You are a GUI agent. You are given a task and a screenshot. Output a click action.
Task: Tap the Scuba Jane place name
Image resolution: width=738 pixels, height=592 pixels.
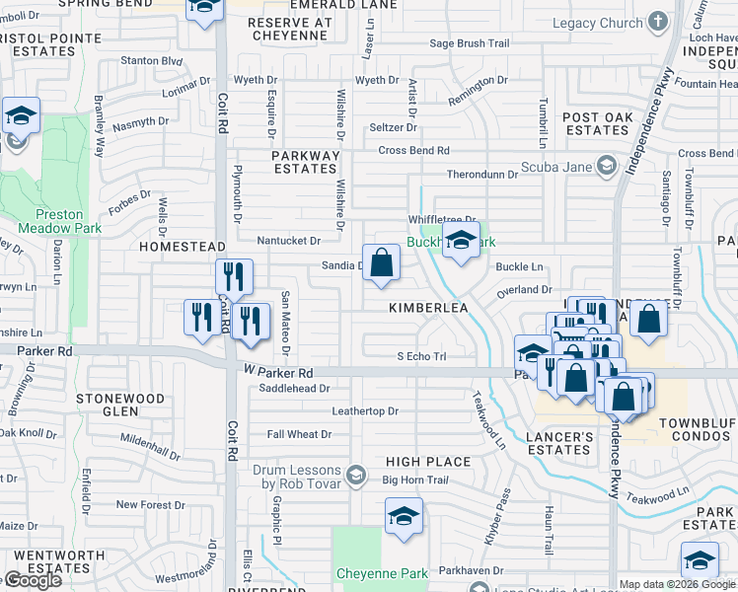555,166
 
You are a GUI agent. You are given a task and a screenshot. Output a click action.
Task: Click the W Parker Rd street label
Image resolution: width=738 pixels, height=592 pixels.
277,373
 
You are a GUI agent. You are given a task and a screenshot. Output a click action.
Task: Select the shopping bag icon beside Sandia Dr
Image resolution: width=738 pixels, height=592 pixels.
381,264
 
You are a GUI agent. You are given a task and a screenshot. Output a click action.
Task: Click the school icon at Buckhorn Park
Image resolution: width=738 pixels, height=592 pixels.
460,242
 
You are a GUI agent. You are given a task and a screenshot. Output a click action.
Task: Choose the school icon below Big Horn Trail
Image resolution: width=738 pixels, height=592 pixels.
405,517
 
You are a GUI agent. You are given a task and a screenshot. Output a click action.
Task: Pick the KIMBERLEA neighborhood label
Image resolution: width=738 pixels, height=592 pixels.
426,308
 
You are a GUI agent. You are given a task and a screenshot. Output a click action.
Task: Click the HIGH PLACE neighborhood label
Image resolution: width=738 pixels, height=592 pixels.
427,461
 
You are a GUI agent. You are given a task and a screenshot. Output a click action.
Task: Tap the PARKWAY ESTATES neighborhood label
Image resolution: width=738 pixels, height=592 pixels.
306,162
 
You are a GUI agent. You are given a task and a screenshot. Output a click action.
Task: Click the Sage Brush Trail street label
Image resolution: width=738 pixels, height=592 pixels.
469,43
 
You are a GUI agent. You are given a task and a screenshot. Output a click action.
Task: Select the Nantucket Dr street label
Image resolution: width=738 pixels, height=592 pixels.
288,241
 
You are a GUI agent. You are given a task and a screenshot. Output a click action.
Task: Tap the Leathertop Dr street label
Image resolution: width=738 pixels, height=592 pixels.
365,410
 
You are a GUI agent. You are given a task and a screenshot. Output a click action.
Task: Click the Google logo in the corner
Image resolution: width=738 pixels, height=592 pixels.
32,580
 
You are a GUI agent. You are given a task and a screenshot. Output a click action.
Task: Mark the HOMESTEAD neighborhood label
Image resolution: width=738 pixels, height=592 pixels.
177,246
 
